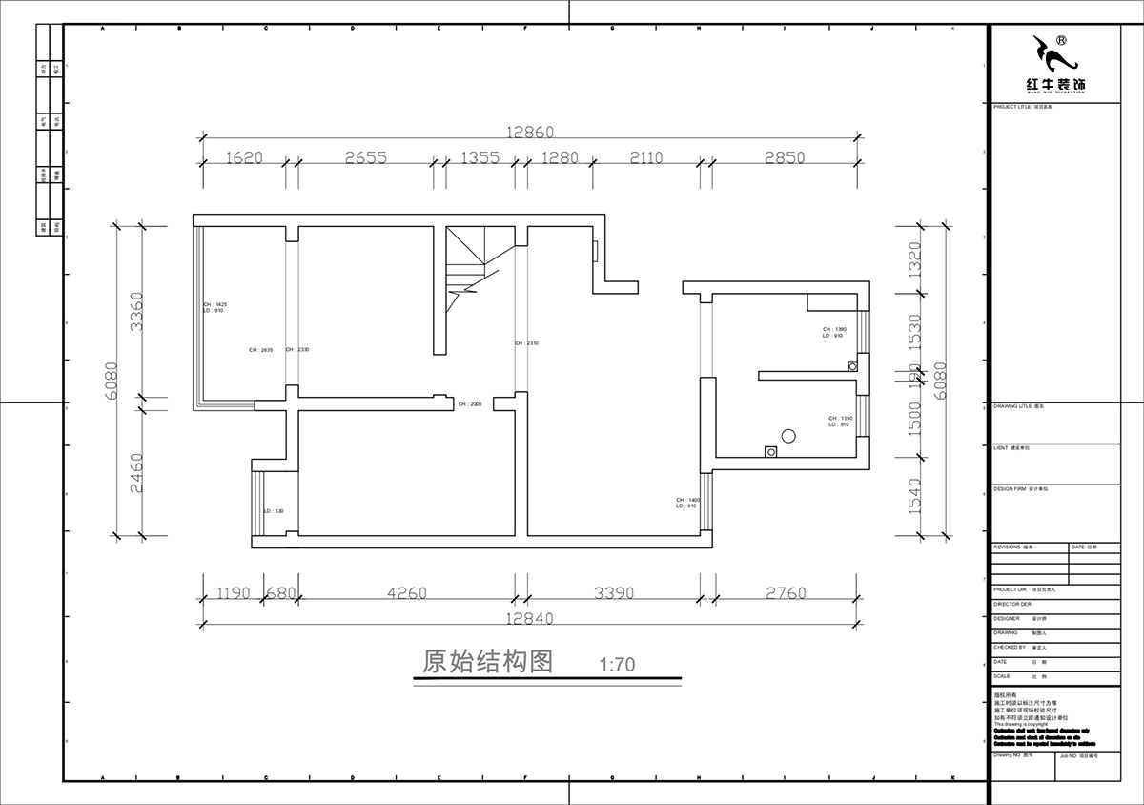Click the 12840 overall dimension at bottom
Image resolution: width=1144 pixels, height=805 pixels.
pyautogui.click(x=530, y=618)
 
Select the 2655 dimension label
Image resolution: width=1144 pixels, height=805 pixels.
pyautogui.click(x=365, y=158)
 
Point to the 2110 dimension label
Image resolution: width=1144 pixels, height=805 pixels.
pyautogui.click(x=645, y=158)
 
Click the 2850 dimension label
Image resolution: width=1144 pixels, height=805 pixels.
pyautogui.click(x=784, y=158)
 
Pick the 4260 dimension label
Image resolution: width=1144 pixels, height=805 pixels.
pyautogui.click(x=407, y=593)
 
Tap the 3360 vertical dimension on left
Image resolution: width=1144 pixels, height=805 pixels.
pyautogui.click(x=135, y=311)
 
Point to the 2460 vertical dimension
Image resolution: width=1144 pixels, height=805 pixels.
pyautogui.click(x=135, y=472)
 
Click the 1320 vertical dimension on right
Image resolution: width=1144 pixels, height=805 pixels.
pyautogui.click(x=915, y=258)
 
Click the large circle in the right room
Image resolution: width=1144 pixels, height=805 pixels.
pyautogui.click(x=786, y=437)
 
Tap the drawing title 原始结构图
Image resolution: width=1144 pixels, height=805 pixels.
pyautogui.click(x=487, y=663)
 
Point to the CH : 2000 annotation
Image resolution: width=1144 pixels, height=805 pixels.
pyautogui.click(x=470, y=404)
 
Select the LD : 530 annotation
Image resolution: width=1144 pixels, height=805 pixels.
pyautogui.click(x=274, y=511)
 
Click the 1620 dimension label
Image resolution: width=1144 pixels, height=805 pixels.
pyautogui.click(x=245, y=158)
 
